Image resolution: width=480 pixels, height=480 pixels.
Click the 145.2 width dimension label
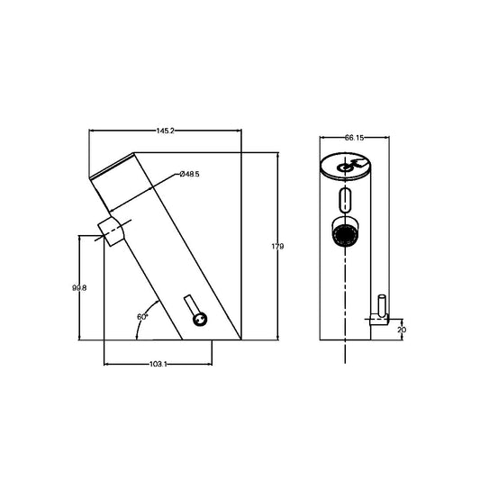click(165, 131)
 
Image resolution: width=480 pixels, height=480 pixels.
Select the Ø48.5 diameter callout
click(189, 173)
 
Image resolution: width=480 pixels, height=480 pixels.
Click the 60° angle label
click(141, 317)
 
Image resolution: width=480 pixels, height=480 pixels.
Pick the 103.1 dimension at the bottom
click(158, 364)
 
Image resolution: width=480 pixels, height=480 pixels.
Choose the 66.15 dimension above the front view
click(353, 138)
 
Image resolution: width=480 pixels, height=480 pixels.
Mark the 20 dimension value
click(401, 331)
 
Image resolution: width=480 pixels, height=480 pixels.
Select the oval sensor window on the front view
click(346, 199)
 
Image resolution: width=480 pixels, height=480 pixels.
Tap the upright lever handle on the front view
click(382, 309)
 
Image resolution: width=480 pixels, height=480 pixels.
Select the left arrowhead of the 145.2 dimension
click(92, 131)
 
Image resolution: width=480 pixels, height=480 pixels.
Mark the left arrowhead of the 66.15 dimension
click(322, 138)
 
